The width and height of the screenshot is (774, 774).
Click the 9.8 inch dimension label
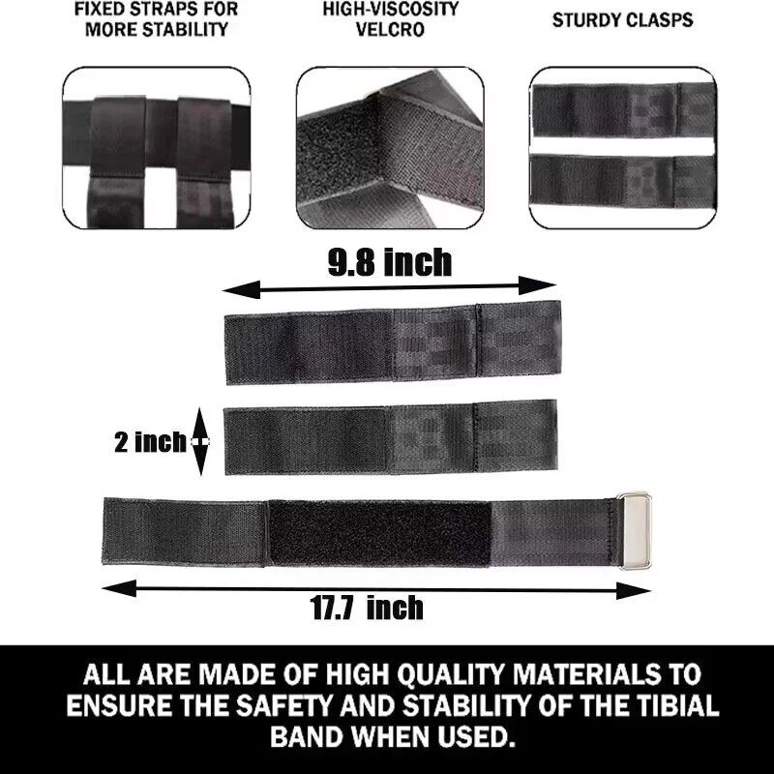[389, 262]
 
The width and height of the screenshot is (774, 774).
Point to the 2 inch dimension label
[149, 442]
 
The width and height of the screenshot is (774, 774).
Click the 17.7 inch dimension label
[367, 608]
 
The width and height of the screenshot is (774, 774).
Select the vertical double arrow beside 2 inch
[200, 441]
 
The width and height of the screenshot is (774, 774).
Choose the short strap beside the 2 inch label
[390, 440]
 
